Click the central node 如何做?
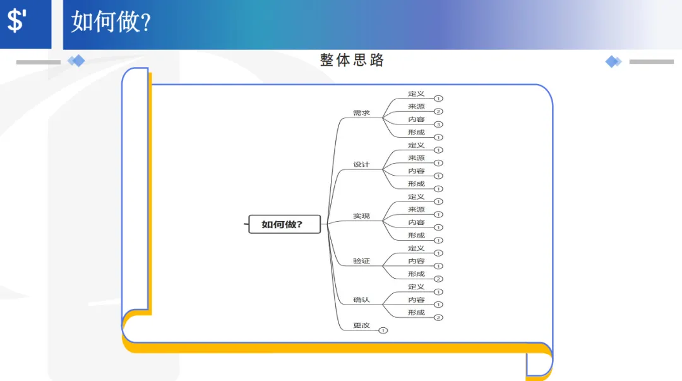[x=282, y=224]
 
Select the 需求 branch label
[x=361, y=113]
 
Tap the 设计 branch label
[x=361, y=164]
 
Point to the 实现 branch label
[x=361, y=216]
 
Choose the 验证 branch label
[x=361, y=261]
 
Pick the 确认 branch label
[x=361, y=299]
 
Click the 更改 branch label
[x=361, y=325]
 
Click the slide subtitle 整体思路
[x=352, y=60]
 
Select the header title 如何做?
[x=111, y=21]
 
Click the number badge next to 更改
[x=383, y=330]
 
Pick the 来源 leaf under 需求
[x=416, y=106]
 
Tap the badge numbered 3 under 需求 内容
[x=438, y=124]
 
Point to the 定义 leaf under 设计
[x=416, y=145]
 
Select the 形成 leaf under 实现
[x=416, y=235]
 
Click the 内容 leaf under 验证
[x=416, y=261]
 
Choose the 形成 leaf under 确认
[x=416, y=312]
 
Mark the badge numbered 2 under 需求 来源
[x=438, y=112]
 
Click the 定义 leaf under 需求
[x=416, y=94]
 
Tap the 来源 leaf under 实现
[x=416, y=209]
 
